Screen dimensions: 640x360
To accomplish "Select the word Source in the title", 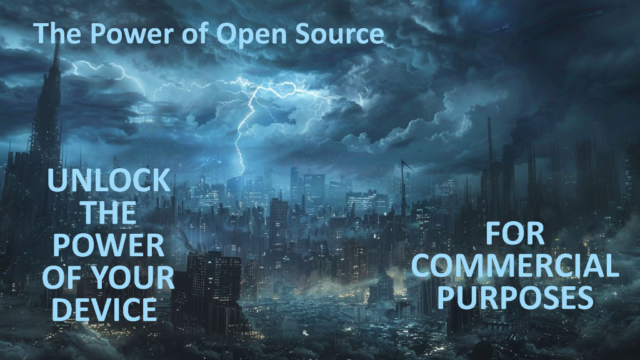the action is click(x=339, y=33).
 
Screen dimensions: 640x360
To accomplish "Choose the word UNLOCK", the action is click(x=109, y=180).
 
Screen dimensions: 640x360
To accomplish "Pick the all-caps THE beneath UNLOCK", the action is click(x=109, y=212).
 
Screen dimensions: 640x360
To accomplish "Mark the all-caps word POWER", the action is click(x=109, y=245).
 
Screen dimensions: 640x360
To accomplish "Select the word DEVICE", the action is click(x=105, y=310).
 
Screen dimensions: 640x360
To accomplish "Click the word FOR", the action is click(x=515, y=234).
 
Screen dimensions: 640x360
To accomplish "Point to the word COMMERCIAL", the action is click(x=515, y=266).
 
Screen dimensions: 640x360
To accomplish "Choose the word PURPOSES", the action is click(x=515, y=297).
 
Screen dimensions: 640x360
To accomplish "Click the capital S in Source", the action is click(x=304, y=33).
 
